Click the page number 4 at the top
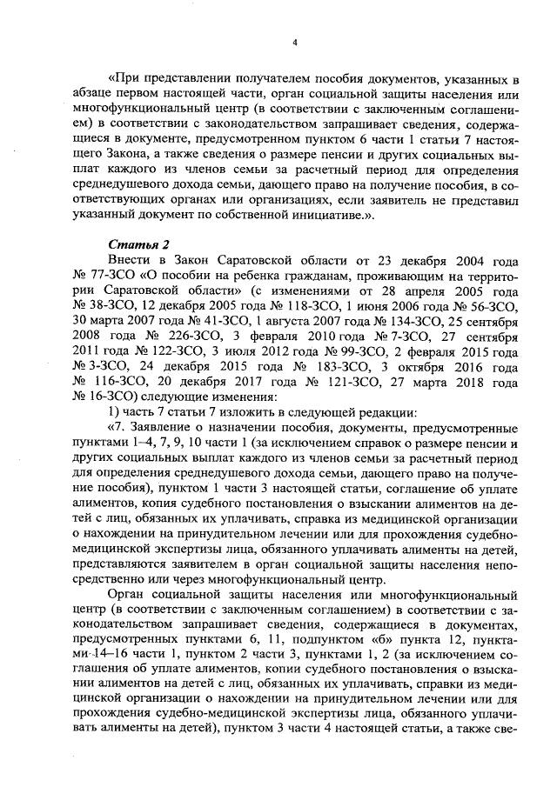[x=295, y=42]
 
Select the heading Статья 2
[x=133, y=243]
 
